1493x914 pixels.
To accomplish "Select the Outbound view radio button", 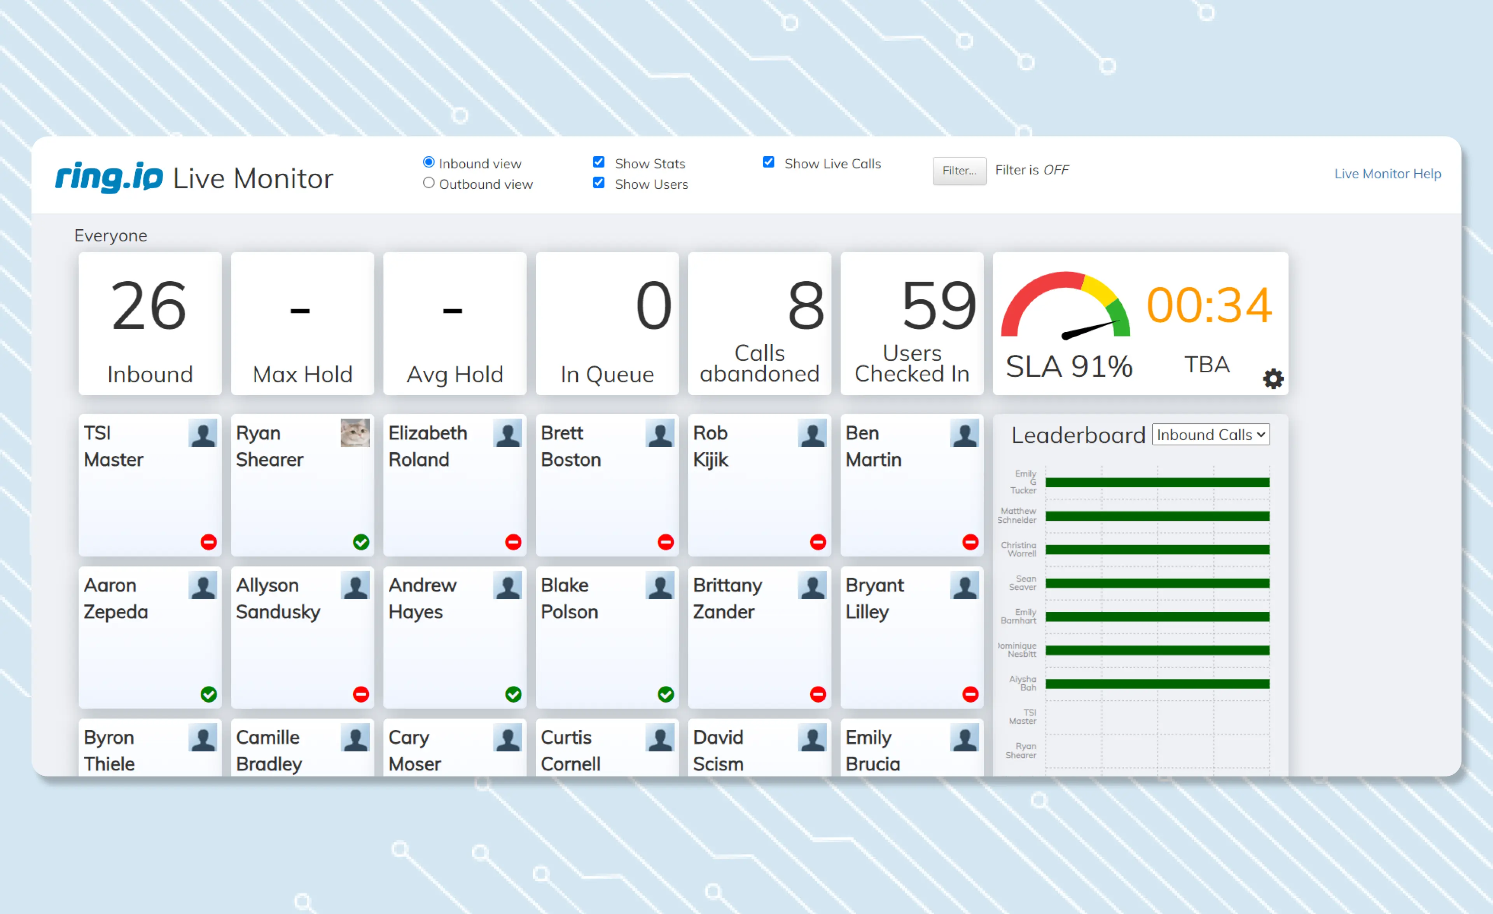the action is click(428, 183).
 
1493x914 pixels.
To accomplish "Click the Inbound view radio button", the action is click(428, 162).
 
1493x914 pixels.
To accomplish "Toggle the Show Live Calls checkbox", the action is click(768, 162).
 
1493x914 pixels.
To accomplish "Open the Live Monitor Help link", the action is click(1388, 174).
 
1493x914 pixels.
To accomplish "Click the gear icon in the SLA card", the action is click(1273, 379).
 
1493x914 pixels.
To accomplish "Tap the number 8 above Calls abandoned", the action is click(806, 306).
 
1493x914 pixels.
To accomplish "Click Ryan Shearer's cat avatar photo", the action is click(355, 433).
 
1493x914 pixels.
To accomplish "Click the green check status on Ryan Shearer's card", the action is click(361, 542).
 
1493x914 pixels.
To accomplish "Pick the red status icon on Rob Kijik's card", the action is click(818, 542).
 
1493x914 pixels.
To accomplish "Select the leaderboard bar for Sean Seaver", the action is click(1157, 583).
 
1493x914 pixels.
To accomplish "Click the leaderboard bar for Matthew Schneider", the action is click(1157, 516).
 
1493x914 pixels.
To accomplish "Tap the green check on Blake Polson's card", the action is click(666, 694).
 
